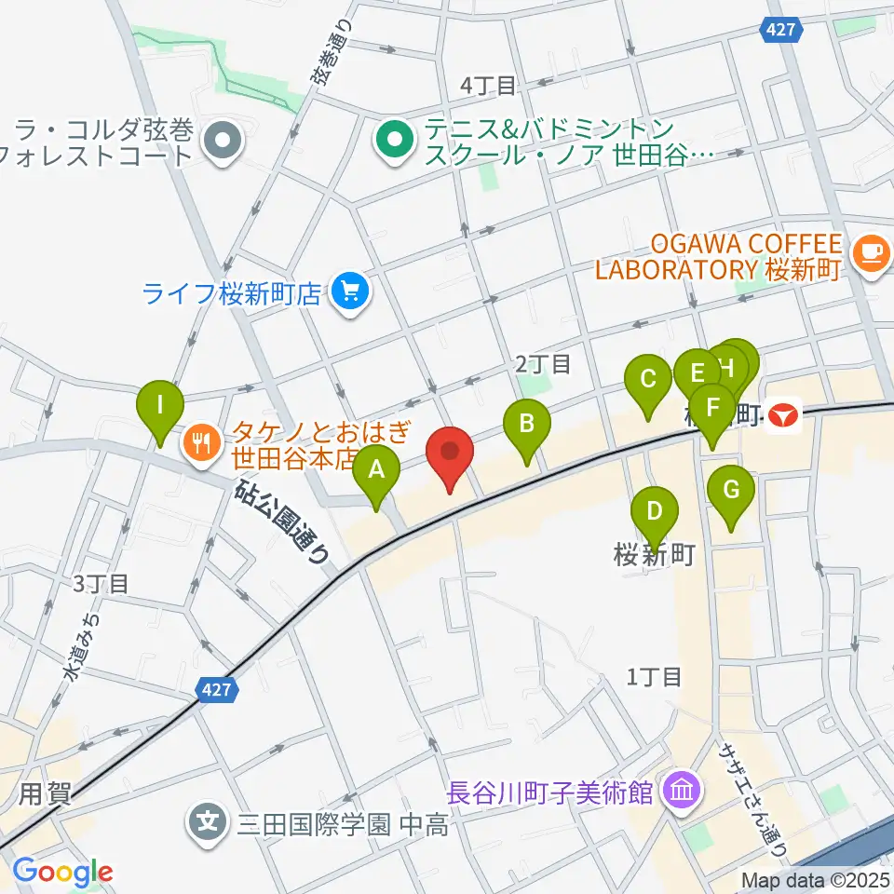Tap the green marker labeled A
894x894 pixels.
point(376,469)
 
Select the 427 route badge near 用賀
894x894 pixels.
point(217,690)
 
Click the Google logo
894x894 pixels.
point(62,873)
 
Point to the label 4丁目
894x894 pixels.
point(488,87)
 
